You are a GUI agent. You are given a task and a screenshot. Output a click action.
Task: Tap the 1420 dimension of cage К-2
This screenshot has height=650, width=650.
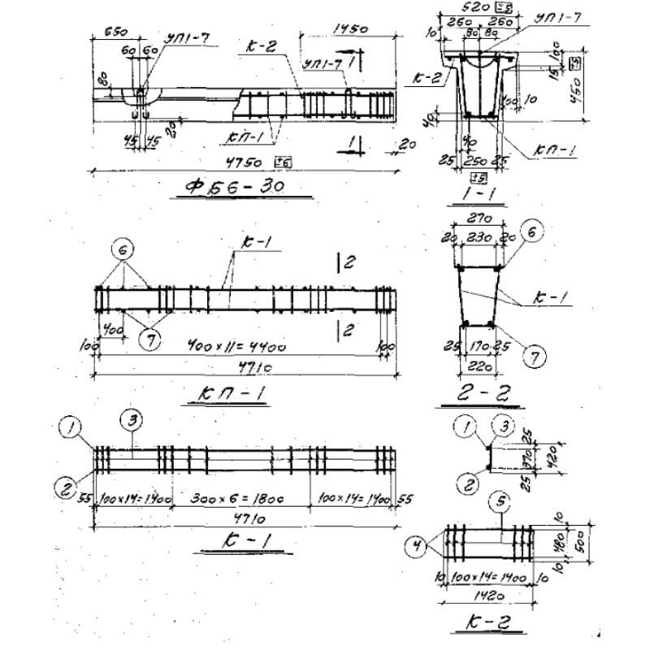(482, 594)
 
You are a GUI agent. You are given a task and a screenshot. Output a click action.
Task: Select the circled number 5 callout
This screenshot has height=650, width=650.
(501, 503)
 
